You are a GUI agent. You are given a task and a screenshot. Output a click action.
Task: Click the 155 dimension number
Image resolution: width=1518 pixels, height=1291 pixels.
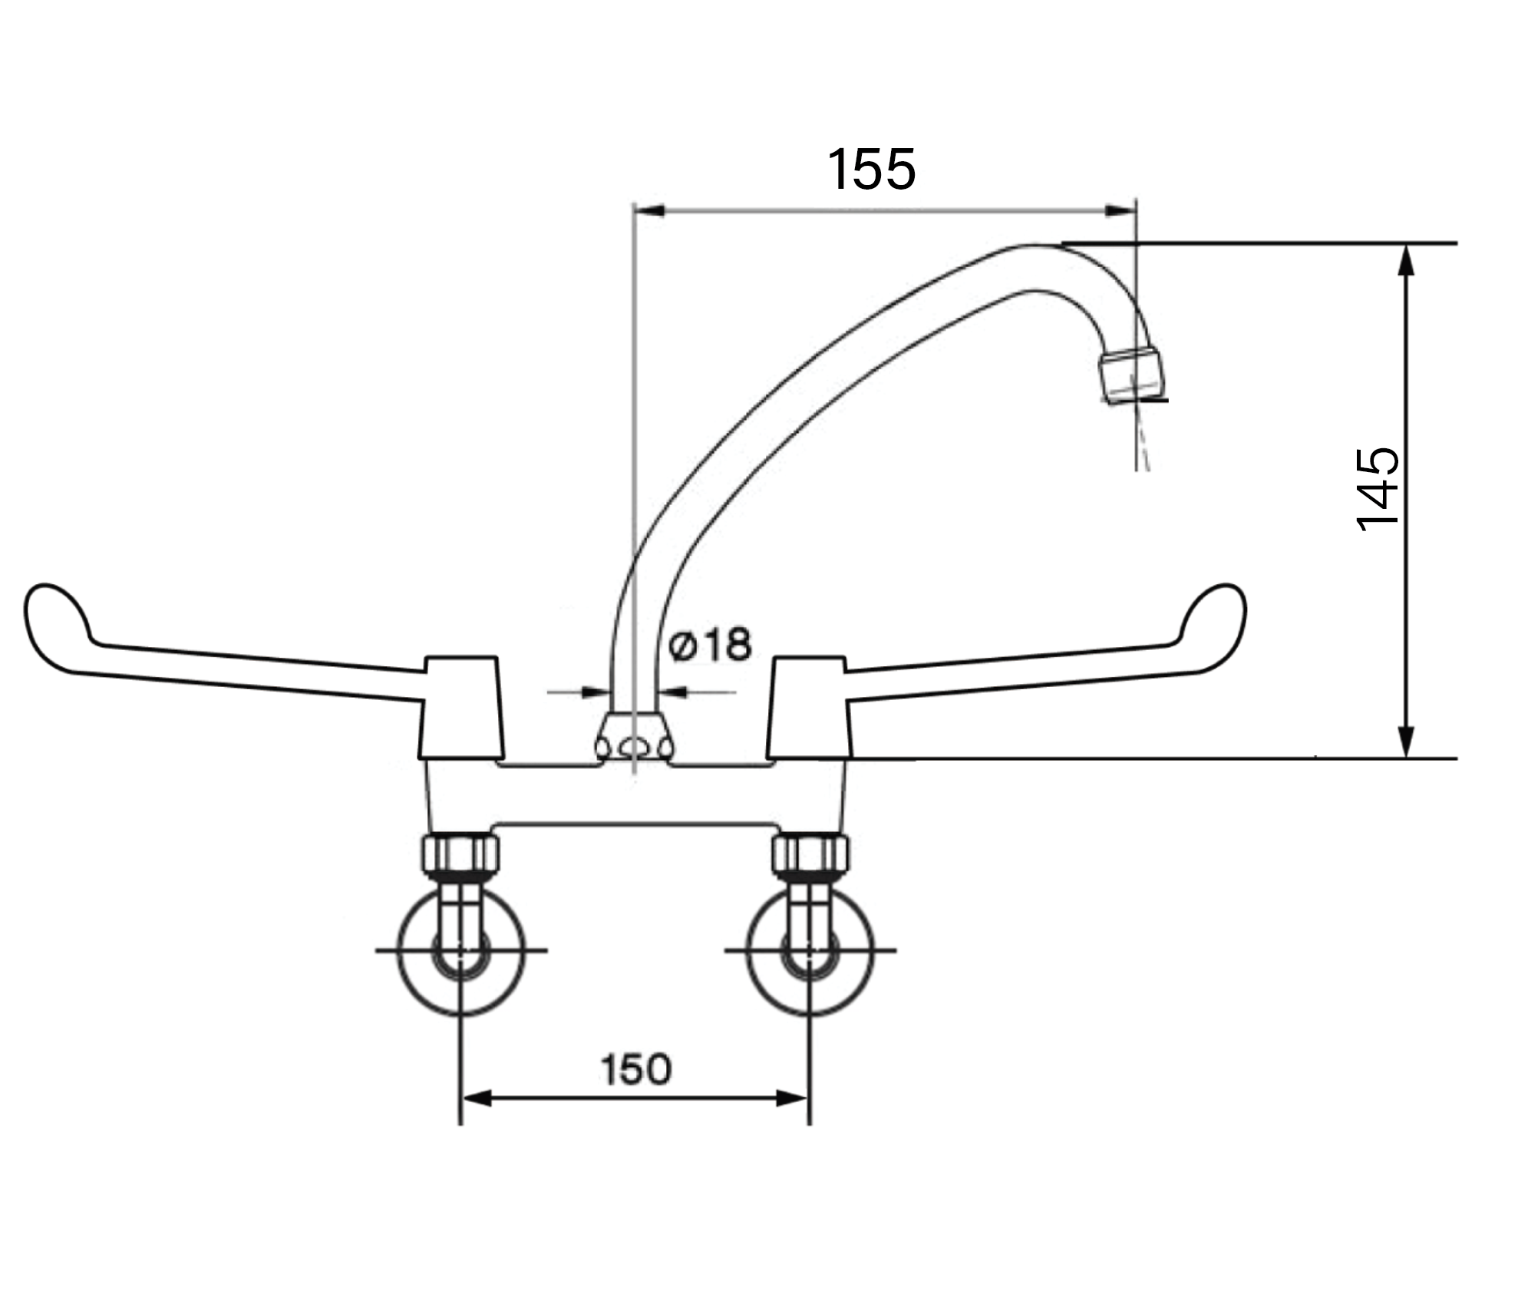point(871,169)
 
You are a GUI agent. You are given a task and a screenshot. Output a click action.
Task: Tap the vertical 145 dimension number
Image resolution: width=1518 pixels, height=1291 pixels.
point(1378,490)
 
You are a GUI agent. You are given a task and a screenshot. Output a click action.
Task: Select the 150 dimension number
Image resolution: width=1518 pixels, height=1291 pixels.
point(635,1070)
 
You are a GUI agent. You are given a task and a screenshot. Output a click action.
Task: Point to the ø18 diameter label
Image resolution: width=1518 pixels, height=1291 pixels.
point(710,645)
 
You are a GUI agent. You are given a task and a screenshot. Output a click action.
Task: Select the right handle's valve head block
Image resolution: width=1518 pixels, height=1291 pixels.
point(809,708)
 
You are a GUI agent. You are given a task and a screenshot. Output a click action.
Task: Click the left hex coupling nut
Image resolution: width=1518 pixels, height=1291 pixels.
point(460,854)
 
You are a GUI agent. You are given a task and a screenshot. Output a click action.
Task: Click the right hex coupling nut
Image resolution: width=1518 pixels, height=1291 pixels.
point(810,854)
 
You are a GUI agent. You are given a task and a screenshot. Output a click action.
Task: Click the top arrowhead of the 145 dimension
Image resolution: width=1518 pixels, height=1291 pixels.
point(1406,260)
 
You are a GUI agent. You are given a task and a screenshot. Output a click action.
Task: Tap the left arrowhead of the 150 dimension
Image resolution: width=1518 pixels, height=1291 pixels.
point(476,1098)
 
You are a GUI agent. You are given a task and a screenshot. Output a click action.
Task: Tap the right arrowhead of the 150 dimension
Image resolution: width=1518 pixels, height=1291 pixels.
point(794,1098)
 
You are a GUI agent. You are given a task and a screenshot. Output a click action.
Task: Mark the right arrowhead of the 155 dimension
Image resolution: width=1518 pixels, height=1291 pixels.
point(1120,210)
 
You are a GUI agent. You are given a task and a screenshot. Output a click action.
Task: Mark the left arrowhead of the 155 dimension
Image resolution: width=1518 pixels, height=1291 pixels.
point(648,210)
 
